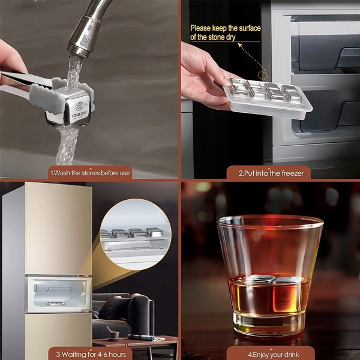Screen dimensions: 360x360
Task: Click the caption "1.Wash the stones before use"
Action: tap(90, 173)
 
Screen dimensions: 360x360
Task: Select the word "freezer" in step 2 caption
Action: tap(293, 173)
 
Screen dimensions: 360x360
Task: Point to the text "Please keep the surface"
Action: tap(226, 28)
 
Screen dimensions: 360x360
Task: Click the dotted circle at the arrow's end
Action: tap(263, 76)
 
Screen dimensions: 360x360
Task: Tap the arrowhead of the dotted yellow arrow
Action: tap(240, 45)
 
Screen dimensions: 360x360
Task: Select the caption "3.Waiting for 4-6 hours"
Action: tap(91, 354)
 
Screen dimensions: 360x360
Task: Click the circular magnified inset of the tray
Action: tap(136, 234)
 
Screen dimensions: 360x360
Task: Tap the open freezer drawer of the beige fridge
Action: tap(59, 295)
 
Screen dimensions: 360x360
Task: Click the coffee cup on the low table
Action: tap(115, 335)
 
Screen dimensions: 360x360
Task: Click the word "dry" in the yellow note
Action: tap(230, 37)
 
